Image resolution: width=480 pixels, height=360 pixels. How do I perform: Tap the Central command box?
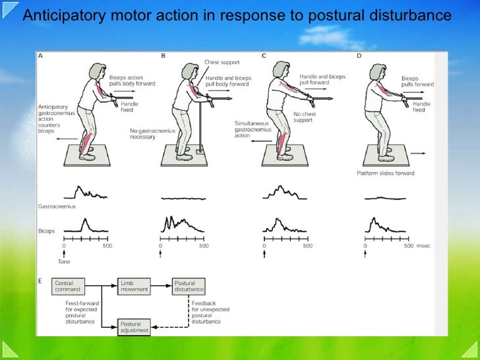[x=67, y=285]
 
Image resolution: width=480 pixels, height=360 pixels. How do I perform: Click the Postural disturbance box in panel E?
[x=189, y=285]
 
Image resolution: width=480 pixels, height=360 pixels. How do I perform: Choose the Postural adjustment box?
[x=135, y=326]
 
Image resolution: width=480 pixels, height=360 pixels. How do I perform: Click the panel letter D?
[x=359, y=56]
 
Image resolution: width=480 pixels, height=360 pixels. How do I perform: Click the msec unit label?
[x=425, y=246]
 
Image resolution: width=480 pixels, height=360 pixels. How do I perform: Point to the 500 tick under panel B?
[x=204, y=246]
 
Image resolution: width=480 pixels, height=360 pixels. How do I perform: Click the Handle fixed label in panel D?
[x=421, y=107]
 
